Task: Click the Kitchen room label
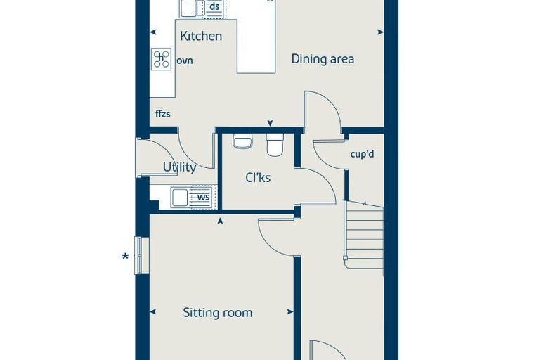[x=201, y=36]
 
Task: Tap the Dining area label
[x=323, y=59]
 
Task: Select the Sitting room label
[x=218, y=313]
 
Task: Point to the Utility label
[x=179, y=167]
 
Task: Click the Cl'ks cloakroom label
[x=258, y=178]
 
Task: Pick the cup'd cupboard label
[x=362, y=154]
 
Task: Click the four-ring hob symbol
[x=162, y=59]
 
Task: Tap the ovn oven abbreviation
[x=185, y=60]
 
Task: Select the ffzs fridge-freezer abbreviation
[x=163, y=113]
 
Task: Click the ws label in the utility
[x=203, y=197]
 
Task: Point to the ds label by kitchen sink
[x=214, y=6]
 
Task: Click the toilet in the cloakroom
[x=275, y=145]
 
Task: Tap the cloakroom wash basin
[x=243, y=141]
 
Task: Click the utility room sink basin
[x=180, y=198]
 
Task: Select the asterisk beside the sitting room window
[x=125, y=257]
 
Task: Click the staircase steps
[x=364, y=236]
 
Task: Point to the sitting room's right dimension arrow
[x=289, y=312]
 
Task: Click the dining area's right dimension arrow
[x=380, y=32]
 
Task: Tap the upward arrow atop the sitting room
[x=221, y=221]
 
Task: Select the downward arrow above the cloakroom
[x=270, y=123]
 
